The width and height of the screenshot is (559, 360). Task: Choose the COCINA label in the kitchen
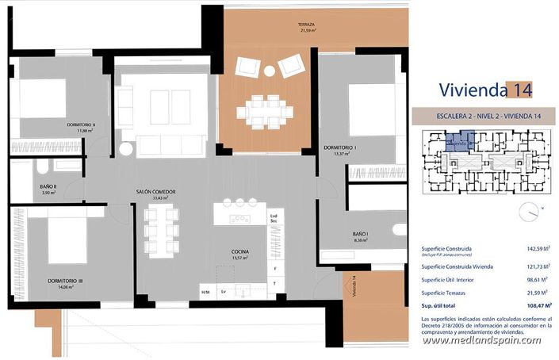[239, 251]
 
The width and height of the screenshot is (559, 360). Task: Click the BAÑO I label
[360, 234]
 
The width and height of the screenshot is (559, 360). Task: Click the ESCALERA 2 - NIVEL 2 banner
[484, 117]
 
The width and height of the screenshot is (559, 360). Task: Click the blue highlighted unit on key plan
[458, 144]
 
